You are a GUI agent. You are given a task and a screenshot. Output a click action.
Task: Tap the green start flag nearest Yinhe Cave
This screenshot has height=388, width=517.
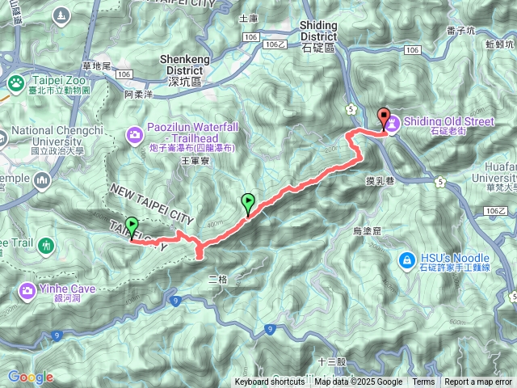click(131, 227)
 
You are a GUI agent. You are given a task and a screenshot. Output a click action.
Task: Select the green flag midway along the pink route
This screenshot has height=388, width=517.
click(247, 204)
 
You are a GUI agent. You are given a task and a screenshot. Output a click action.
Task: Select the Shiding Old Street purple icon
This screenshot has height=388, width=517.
click(392, 124)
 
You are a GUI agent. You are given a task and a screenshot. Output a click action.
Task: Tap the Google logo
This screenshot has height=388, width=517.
click(31, 377)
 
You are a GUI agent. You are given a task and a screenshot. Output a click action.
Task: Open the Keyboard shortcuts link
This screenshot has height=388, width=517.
click(270, 382)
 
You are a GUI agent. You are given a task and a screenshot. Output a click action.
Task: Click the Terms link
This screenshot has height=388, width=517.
click(423, 382)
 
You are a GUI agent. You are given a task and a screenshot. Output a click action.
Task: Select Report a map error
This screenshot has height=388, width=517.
click(478, 382)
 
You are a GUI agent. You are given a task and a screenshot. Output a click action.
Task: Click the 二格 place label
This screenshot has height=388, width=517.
click(218, 279)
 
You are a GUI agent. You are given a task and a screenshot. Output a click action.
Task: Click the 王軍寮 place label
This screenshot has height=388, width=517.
click(195, 162)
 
